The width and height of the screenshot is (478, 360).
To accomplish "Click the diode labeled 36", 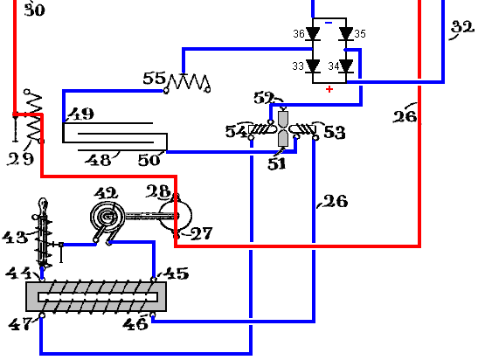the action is pyautogui.click(x=313, y=33).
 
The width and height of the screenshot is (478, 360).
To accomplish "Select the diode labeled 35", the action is pyautogui.click(x=346, y=33).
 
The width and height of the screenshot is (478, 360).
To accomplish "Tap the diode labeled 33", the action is pyautogui.click(x=313, y=66).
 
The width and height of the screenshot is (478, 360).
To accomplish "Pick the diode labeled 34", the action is pyautogui.click(x=346, y=66).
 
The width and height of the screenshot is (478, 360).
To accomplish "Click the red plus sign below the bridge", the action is pyautogui.click(x=329, y=89).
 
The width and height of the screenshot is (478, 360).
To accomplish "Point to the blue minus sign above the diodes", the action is pyautogui.click(x=329, y=23).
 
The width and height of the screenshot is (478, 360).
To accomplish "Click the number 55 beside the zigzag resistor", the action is pyautogui.click(x=155, y=78).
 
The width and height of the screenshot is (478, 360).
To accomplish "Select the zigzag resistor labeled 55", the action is pyautogui.click(x=187, y=82).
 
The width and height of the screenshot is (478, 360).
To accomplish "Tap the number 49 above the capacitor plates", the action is pyautogui.click(x=81, y=114).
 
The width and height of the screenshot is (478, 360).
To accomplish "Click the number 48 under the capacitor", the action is pyautogui.click(x=98, y=160).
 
